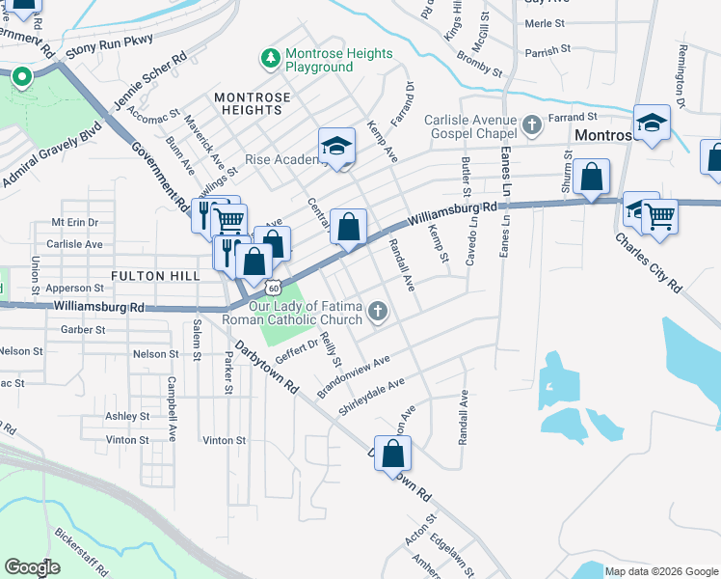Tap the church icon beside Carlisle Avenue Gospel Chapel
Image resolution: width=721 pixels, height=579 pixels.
click(x=533, y=124)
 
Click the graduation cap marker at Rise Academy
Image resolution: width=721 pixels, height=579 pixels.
click(x=337, y=147)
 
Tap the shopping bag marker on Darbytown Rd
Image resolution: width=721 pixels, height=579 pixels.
click(x=393, y=454)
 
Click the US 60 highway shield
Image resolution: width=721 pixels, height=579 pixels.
click(x=275, y=288)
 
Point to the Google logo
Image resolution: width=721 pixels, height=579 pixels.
click(x=33, y=567)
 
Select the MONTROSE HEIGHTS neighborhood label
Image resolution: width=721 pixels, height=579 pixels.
click(x=249, y=104)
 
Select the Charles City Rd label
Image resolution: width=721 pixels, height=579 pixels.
click(x=650, y=260)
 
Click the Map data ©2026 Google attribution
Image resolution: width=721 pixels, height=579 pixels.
click(x=661, y=571)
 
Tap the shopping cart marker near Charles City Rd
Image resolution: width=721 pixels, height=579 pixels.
click(x=659, y=218)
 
